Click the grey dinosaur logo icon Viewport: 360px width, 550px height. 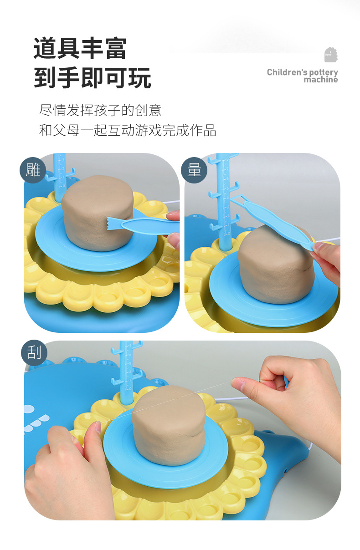331,55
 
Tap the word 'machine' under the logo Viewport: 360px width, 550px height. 321,80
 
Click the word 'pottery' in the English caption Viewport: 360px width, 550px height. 324,72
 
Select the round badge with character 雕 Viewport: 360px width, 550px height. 33,170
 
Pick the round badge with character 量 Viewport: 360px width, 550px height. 194,170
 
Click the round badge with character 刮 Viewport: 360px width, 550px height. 34,352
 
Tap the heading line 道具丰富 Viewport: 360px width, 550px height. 80,48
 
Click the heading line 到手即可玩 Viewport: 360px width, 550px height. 93,77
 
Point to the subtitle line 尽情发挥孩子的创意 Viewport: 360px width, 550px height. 100,110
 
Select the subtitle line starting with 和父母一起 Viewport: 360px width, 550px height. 128,130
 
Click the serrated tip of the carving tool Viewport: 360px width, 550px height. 111,224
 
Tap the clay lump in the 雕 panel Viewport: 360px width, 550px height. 98,213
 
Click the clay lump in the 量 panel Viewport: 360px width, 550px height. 276,265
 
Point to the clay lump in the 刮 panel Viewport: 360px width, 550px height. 168,425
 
